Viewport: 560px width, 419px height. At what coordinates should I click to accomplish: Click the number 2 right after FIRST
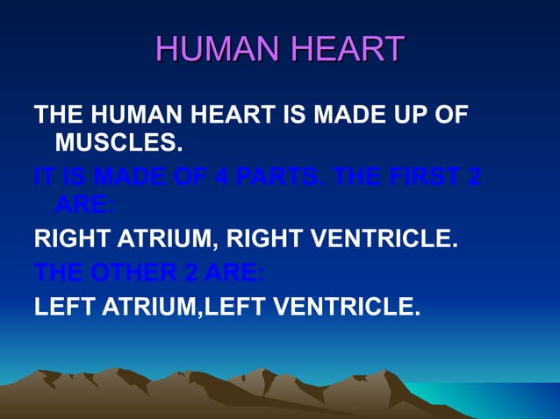point(474,178)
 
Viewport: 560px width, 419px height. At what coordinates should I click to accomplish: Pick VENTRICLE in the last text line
point(356,307)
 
